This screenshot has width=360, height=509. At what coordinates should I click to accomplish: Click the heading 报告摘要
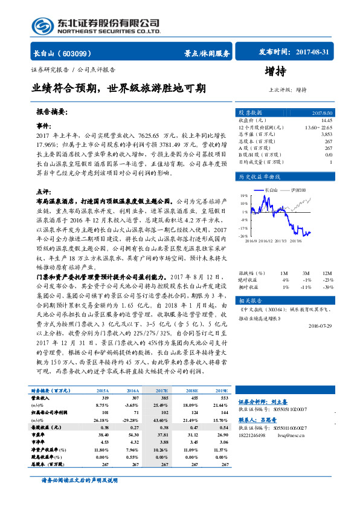(x=51, y=112)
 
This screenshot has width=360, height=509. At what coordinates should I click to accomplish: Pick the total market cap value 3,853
(x=326, y=134)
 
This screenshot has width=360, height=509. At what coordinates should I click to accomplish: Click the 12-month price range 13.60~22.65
(x=319, y=128)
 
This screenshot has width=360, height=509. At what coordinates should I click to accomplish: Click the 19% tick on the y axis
(x=243, y=196)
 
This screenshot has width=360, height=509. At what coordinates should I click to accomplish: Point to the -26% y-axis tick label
(x=243, y=236)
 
